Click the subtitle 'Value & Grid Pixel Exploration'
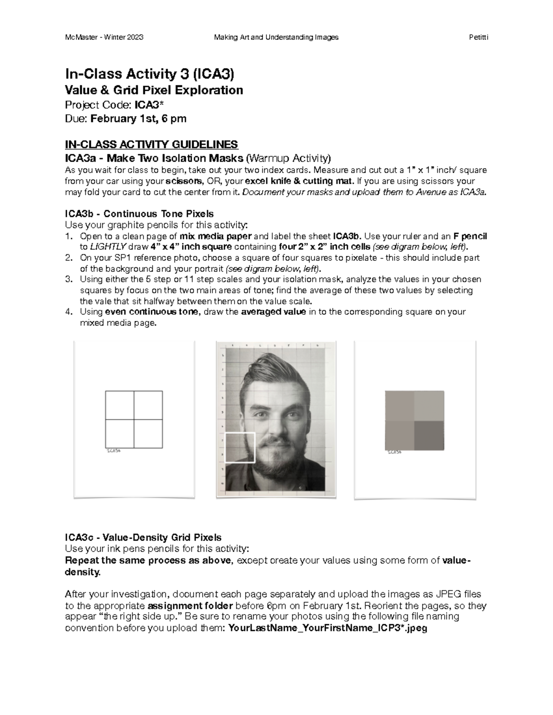(154, 90)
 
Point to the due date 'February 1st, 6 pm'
(138, 119)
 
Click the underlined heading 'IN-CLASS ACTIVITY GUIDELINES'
(152, 144)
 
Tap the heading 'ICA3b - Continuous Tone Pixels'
(139, 214)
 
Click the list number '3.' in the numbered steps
(69, 279)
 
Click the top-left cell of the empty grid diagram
(119, 405)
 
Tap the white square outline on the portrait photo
(240, 447)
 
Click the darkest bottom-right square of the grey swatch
(429, 435)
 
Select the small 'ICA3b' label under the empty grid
(113, 452)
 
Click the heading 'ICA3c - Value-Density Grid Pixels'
(143, 537)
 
